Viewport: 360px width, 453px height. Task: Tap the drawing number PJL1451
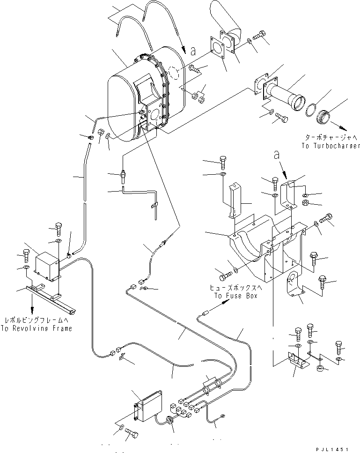pos(333,448)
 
